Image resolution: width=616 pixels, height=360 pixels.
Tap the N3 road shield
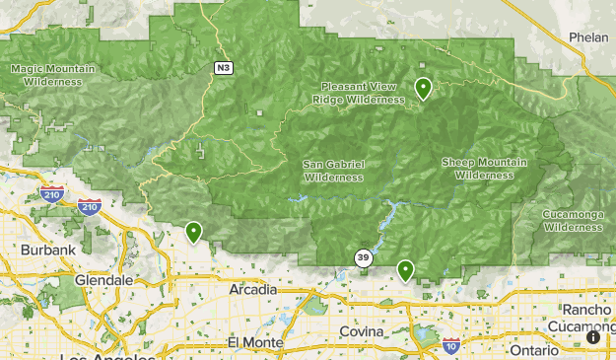click(x=225, y=67)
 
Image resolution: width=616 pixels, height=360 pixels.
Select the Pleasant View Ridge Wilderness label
click(x=359, y=93)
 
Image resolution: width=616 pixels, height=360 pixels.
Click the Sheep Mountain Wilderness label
click(x=484, y=169)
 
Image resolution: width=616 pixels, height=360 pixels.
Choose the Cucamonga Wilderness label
click(x=572, y=220)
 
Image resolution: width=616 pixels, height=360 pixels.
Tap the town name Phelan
click(x=589, y=36)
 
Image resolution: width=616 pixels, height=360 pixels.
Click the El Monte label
click(x=254, y=342)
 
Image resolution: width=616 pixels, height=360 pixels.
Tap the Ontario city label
click(x=533, y=349)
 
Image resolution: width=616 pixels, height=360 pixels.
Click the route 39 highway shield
click(x=364, y=258)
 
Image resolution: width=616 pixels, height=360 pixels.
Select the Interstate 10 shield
click(x=450, y=344)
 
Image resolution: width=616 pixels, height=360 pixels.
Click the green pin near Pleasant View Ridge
click(x=423, y=89)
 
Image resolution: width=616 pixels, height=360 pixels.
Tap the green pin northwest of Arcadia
click(x=194, y=232)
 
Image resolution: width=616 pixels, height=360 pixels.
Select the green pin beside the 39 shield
click(x=405, y=269)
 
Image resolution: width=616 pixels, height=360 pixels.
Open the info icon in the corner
click(x=594, y=336)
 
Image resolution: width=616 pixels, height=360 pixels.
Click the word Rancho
click(x=587, y=309)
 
